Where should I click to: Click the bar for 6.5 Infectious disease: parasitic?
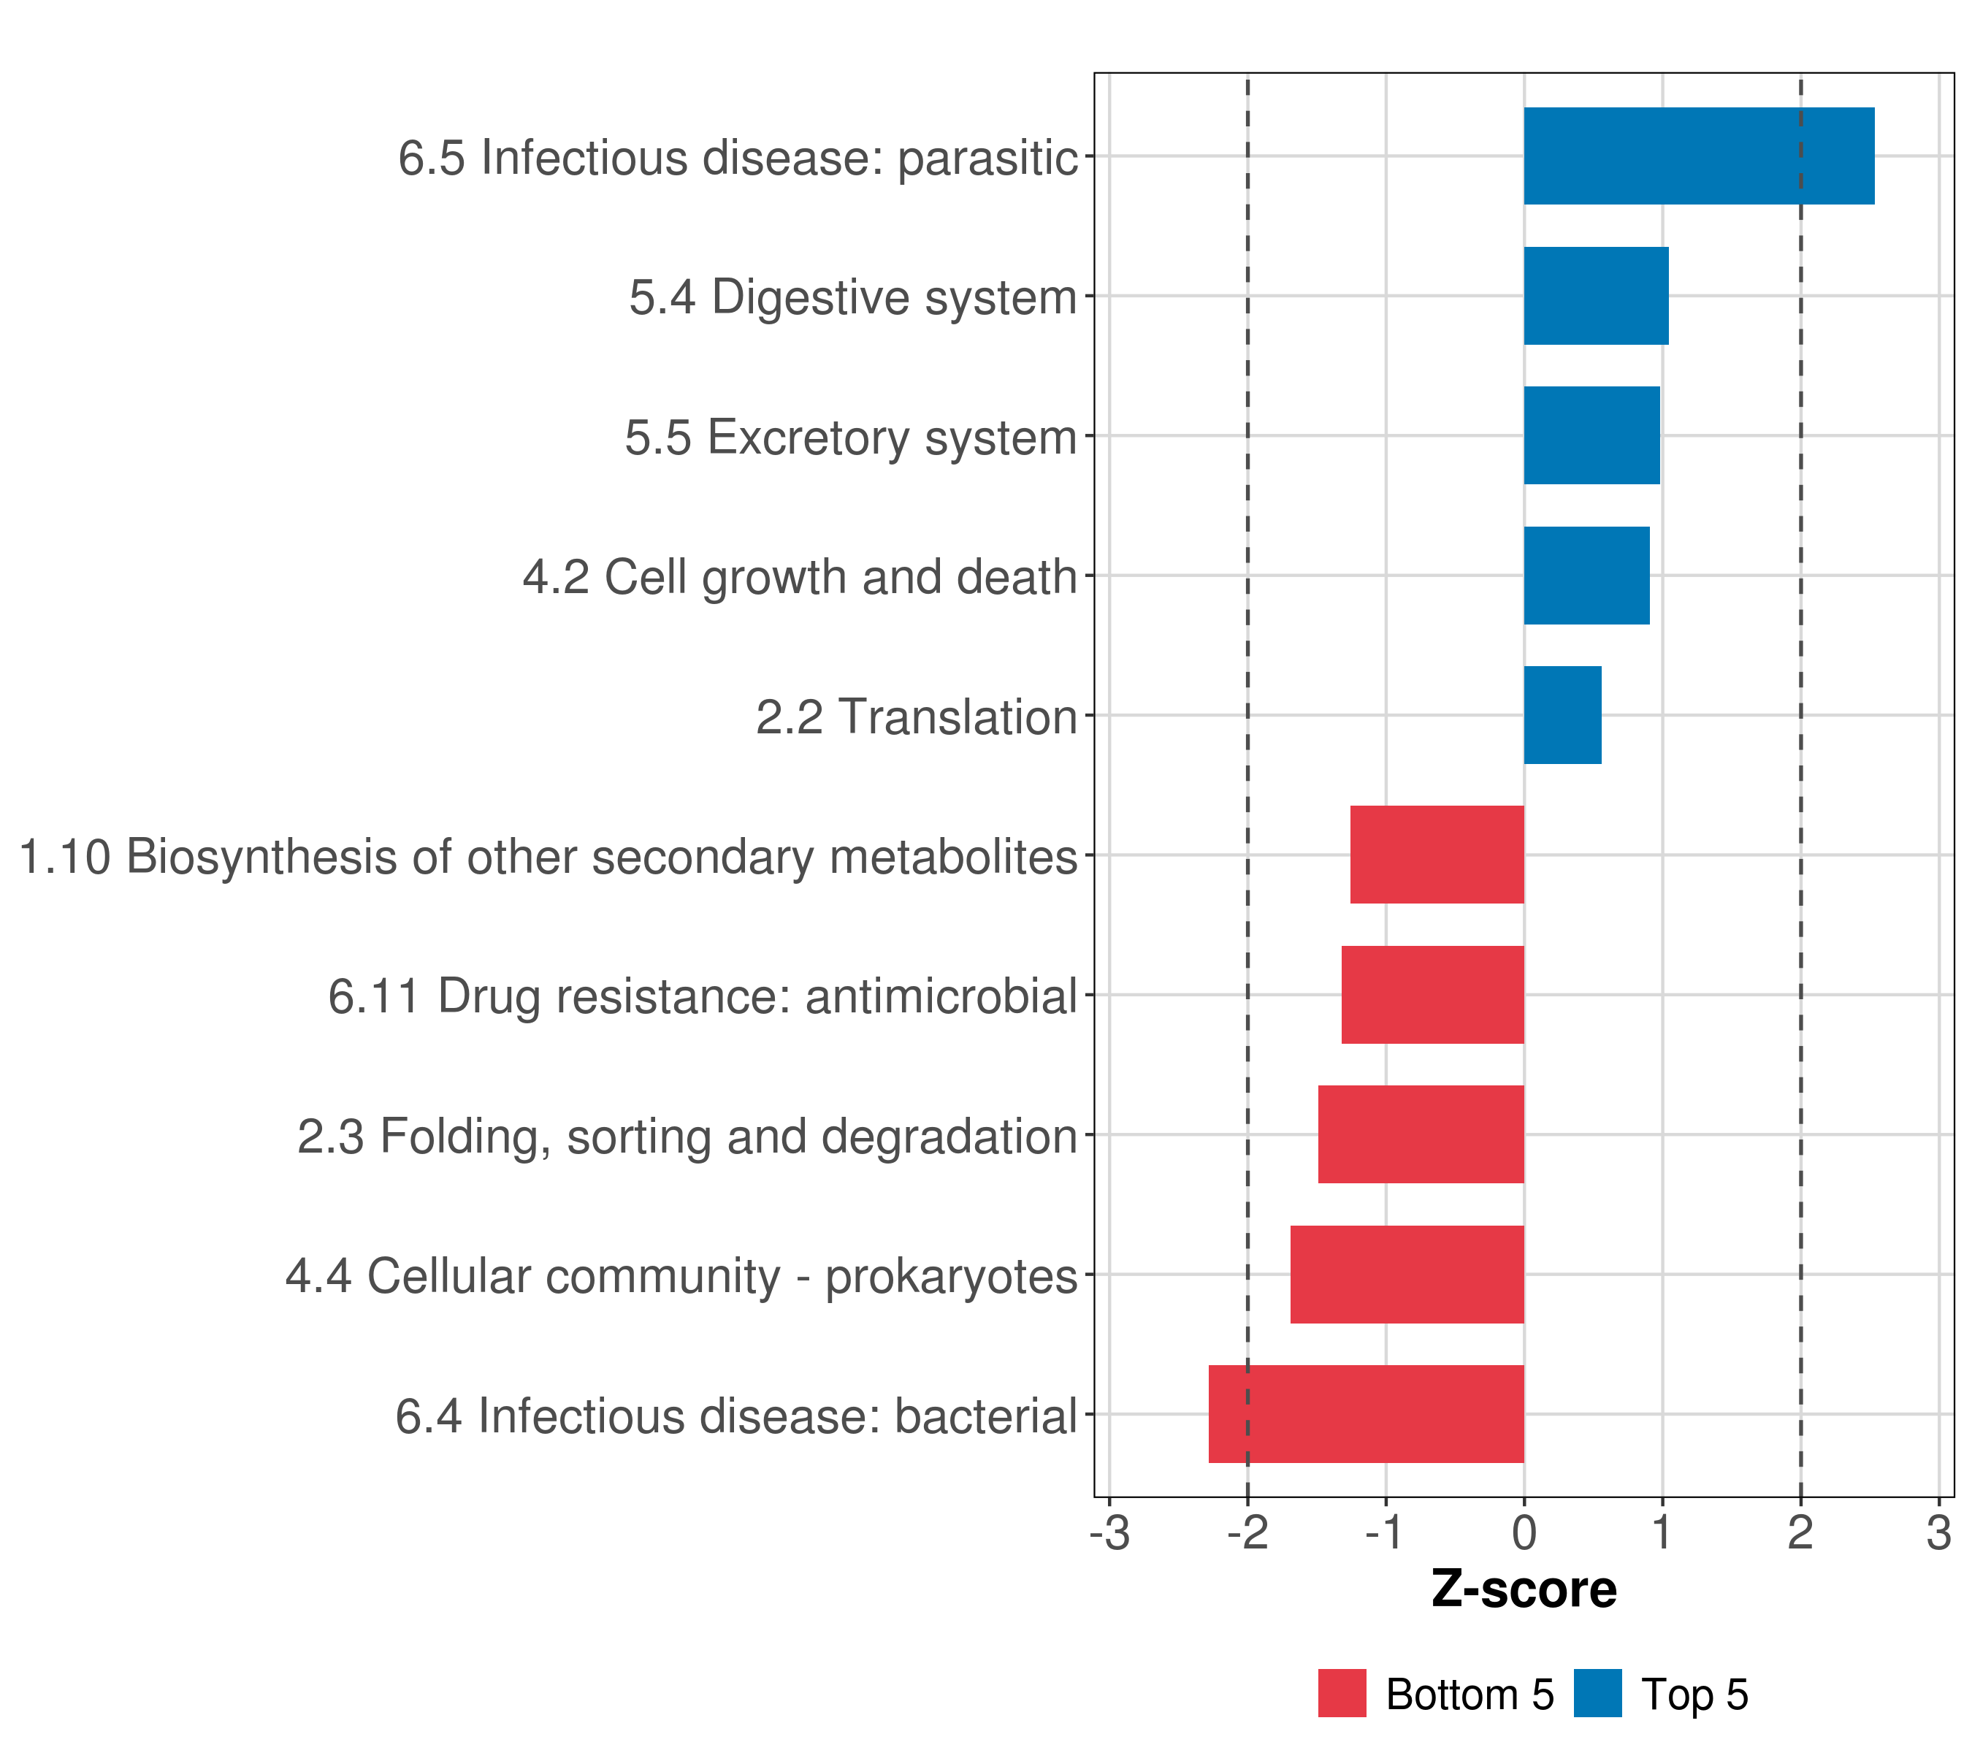(x=1699, y=156)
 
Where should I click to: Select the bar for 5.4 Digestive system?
(x=1597, y=297)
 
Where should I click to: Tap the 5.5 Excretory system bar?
(x=1592, y=435)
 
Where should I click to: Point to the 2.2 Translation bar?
(x=1563, y=715)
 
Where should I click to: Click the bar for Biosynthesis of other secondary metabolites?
(x=1437, y=855)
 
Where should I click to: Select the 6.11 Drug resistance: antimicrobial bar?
(x=1433, y=995)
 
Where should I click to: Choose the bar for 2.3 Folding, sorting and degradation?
(x=1421, y=1134)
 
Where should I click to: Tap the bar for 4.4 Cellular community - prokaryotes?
(x=1407, y=1275)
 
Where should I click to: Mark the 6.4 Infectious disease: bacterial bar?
(x=1366, y=1414)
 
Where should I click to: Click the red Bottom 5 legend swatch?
(x=1342, y=1693)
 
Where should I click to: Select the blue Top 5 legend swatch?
(x=1597, y=1693)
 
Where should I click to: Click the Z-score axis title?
(x=1524, y=1589)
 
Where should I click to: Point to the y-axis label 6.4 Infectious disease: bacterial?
(x=736, y=1417)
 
